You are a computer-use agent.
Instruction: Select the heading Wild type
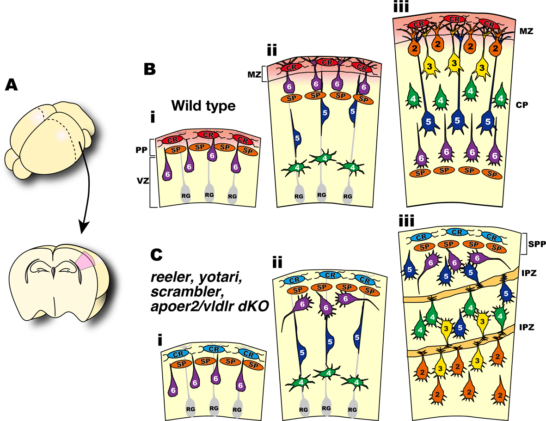203,106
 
